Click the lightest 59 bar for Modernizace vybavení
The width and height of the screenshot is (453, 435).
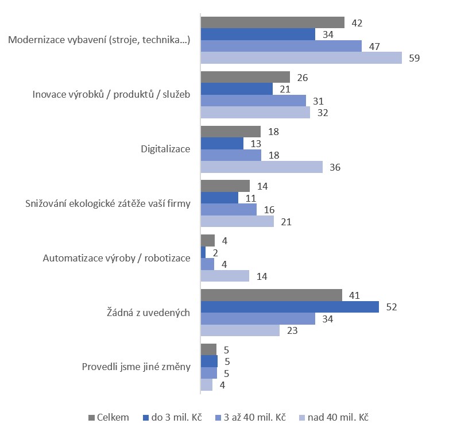[301, 58]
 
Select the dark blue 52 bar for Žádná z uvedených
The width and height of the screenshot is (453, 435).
[289, 307]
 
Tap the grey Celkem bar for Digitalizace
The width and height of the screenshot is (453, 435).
[230, 132]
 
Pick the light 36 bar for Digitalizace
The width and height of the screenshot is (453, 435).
[262, 167]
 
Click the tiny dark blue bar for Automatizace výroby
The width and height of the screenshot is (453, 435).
[203, 252]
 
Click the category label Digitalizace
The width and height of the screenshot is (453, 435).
[166, 149]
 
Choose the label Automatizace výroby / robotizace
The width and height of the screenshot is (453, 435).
[117, 258]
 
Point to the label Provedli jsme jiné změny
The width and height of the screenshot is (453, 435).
[136, 367]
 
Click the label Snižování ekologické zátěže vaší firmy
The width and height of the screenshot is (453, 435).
[108, 203]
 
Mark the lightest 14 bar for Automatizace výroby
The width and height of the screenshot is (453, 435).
[224, 276]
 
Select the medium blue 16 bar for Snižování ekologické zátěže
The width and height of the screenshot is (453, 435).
[229, 210]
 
